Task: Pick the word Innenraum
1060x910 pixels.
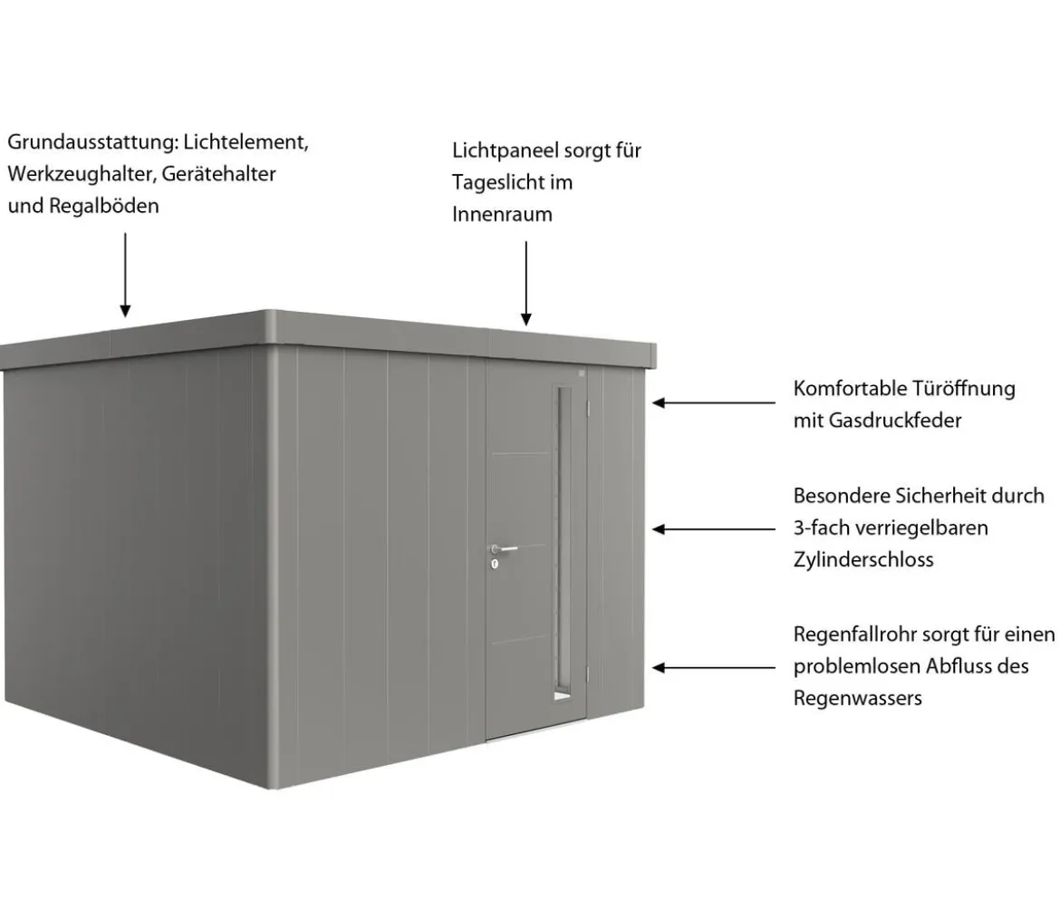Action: [x=502, y=214]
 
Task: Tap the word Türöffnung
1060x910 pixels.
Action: [x=964, y=389]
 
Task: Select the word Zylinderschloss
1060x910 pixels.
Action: [x=863, y=560]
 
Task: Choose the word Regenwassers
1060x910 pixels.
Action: [x=858, y=699]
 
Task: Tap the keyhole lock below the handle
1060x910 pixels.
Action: [x=495, y=563]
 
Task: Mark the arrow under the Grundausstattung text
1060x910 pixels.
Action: [x=125, y=276]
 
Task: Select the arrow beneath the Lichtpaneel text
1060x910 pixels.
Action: [x=526, y=284]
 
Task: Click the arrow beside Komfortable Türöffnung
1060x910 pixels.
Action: [x=714, y=403]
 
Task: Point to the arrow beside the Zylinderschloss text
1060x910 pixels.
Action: [x=714, y=529]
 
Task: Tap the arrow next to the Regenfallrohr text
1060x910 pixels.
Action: [x=714, y=668]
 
